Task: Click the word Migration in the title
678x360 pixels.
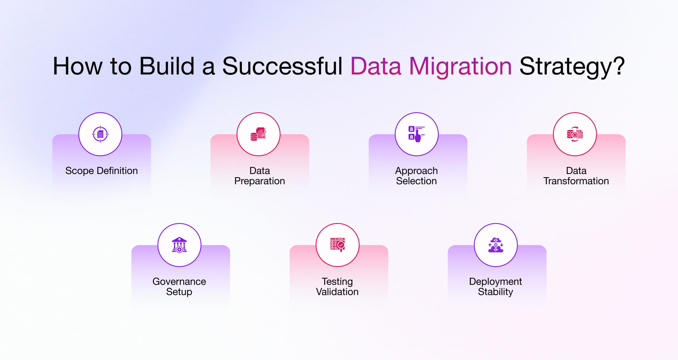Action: [460, 66]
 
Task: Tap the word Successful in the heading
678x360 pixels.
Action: [282, 66]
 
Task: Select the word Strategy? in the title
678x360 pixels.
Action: [572, 66]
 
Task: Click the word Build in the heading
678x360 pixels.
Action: [167, 66]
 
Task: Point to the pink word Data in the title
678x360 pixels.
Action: [376, 66]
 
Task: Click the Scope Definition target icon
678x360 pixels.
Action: [100, 134]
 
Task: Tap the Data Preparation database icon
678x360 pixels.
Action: [258, 134]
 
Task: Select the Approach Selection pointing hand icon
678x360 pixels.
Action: [417, 134]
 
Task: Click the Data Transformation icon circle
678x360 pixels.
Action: [575, 134]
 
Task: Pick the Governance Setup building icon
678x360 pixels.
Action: [179, 245]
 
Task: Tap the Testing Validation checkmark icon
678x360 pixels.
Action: [338, 245]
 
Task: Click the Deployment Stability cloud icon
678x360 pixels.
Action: [496, 245]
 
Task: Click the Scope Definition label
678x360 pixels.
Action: [101, 171]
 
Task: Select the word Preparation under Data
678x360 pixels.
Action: [260, 181]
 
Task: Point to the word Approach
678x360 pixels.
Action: [416, 171]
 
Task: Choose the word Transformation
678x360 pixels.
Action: [576, 181]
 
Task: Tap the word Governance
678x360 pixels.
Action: [179, 282]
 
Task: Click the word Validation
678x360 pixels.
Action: [337, 292]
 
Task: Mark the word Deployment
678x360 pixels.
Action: [495, 282]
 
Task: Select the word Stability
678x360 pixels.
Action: [495, 292]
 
